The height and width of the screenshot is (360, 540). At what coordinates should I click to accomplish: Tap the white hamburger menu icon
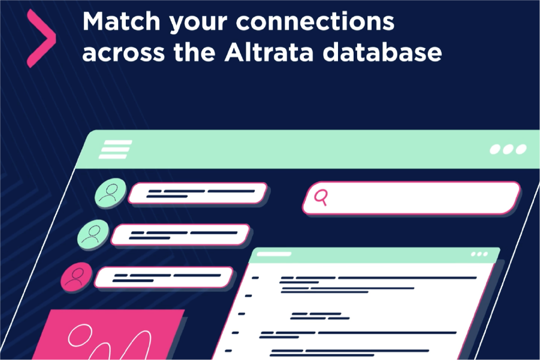116,149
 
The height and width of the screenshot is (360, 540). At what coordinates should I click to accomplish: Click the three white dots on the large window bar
508,149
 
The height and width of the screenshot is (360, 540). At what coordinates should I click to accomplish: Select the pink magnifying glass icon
322,197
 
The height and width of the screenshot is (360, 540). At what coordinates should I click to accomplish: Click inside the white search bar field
420,198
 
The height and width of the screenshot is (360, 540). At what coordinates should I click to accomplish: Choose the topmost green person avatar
110,192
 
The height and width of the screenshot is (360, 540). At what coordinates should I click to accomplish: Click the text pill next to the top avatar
198,193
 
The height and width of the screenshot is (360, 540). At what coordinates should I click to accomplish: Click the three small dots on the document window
479,254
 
